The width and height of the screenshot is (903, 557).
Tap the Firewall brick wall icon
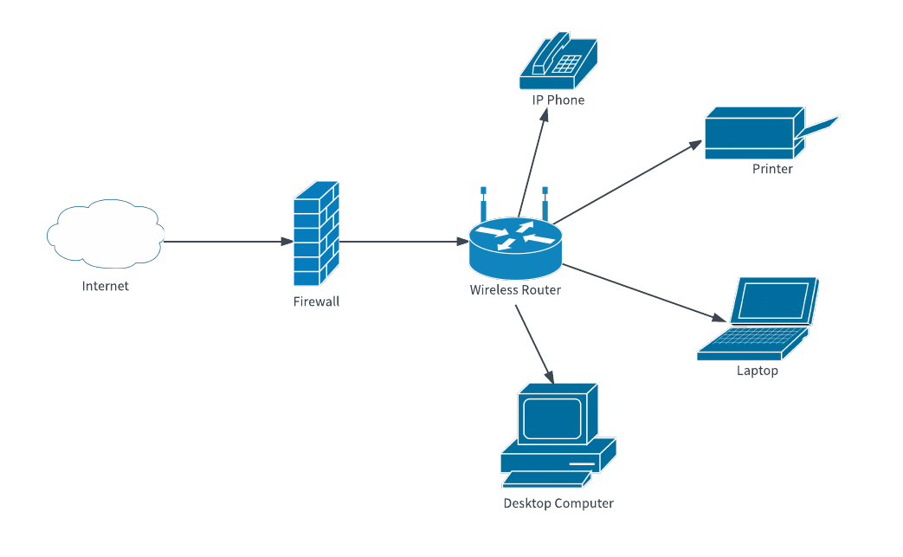tap(316, 234)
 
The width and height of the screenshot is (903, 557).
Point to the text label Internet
tap(105, 286)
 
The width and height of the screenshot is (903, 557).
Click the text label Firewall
tap(316, 301)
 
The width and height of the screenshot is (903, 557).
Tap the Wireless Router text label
tap(515, 290)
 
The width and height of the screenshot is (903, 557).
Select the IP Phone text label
tap(558, 100)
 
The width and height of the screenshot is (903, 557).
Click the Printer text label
tap(772, 169)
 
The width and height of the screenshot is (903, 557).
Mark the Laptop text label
tap(758, 371)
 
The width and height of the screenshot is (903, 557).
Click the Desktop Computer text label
tap(558, 503)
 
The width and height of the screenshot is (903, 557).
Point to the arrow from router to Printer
tap(627, 182)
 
